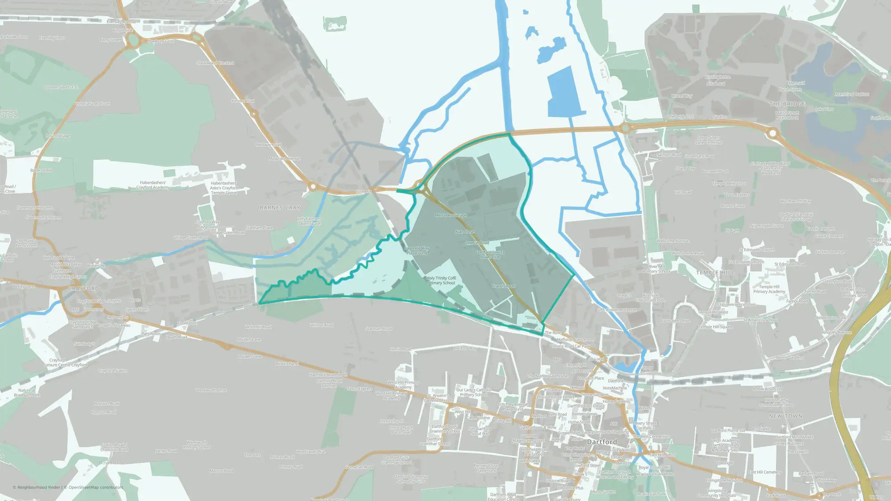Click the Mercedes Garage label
[451, 215]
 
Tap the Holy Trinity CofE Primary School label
[441, 281]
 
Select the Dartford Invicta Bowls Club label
[490, 255]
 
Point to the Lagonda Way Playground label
[417, 251]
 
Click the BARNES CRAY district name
[280, 208]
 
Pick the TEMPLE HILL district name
[715, 273]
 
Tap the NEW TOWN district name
[785, 416]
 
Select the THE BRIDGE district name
[787, 104]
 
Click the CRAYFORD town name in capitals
[83, 289]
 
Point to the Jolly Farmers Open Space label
[309, 221]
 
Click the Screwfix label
[364, 192]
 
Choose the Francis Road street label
[503, 286]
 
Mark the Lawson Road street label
[477, 243]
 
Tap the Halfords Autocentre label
[575, 340]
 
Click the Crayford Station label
[113, 371]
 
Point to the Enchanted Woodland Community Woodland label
[770, 168]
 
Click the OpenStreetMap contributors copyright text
[95, 487]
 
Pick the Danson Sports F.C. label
[61, 87]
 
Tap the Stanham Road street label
[379, 329]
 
